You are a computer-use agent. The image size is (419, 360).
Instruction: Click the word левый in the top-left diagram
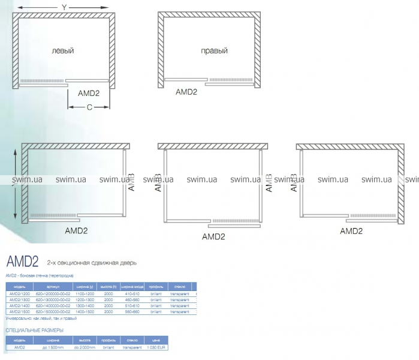pos(63,51)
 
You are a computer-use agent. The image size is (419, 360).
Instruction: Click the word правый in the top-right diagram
pos(214,51)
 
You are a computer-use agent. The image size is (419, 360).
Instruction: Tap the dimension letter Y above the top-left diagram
pos(63,7)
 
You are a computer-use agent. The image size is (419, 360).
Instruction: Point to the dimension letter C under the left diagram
pos(89,107)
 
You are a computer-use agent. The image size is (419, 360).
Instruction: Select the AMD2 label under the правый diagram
pos(186,92)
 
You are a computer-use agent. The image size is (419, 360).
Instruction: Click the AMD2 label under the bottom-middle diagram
pos(213,236)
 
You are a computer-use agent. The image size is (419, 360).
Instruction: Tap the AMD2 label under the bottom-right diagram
pos(351,230)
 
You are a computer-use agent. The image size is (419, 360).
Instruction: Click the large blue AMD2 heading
pos(22,262)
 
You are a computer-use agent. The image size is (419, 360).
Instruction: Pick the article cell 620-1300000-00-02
pos(53,300)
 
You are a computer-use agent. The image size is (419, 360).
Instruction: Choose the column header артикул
pos(53,286)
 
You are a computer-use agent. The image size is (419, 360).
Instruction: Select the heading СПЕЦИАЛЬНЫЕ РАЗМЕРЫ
pos(34,330)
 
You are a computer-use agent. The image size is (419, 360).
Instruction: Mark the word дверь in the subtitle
pos(129,263)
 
